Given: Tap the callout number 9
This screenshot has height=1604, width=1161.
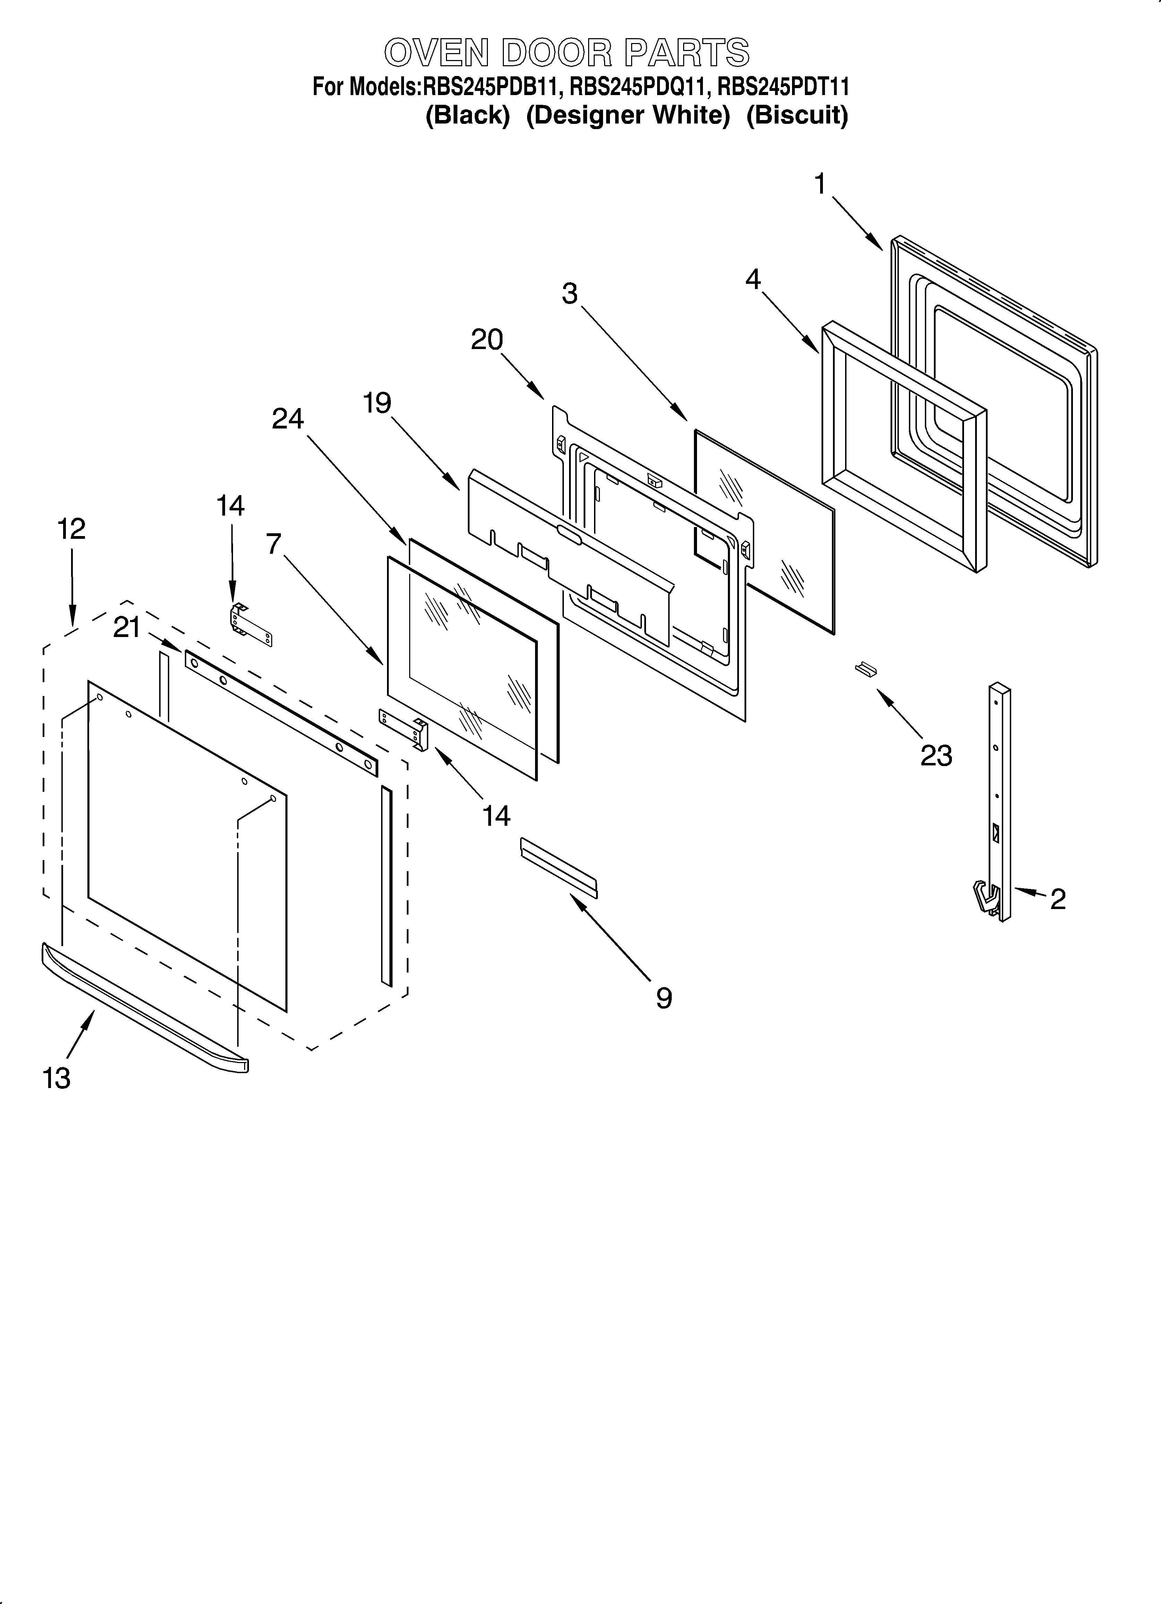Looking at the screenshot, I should tap(663, 998).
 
